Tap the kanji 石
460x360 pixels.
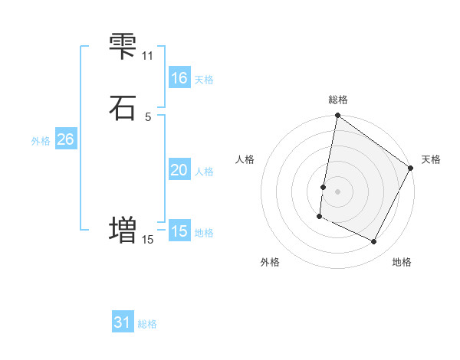123,107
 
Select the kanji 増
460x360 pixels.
123,229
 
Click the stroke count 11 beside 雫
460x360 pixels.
148,56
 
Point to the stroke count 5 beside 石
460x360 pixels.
148,116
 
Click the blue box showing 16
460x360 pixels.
179,78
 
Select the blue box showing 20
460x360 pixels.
179,170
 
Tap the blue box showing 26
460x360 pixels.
65,139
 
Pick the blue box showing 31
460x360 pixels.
123,322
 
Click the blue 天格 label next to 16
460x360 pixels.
204,80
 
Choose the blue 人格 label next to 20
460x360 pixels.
204,172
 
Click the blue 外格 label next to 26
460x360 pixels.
41,141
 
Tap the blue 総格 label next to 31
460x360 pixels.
147,324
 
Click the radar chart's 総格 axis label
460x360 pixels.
338,100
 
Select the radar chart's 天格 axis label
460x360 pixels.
431,159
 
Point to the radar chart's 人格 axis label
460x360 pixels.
245,159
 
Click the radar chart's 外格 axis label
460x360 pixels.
270,262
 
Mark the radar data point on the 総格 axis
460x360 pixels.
338,116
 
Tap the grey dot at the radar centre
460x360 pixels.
338,191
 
